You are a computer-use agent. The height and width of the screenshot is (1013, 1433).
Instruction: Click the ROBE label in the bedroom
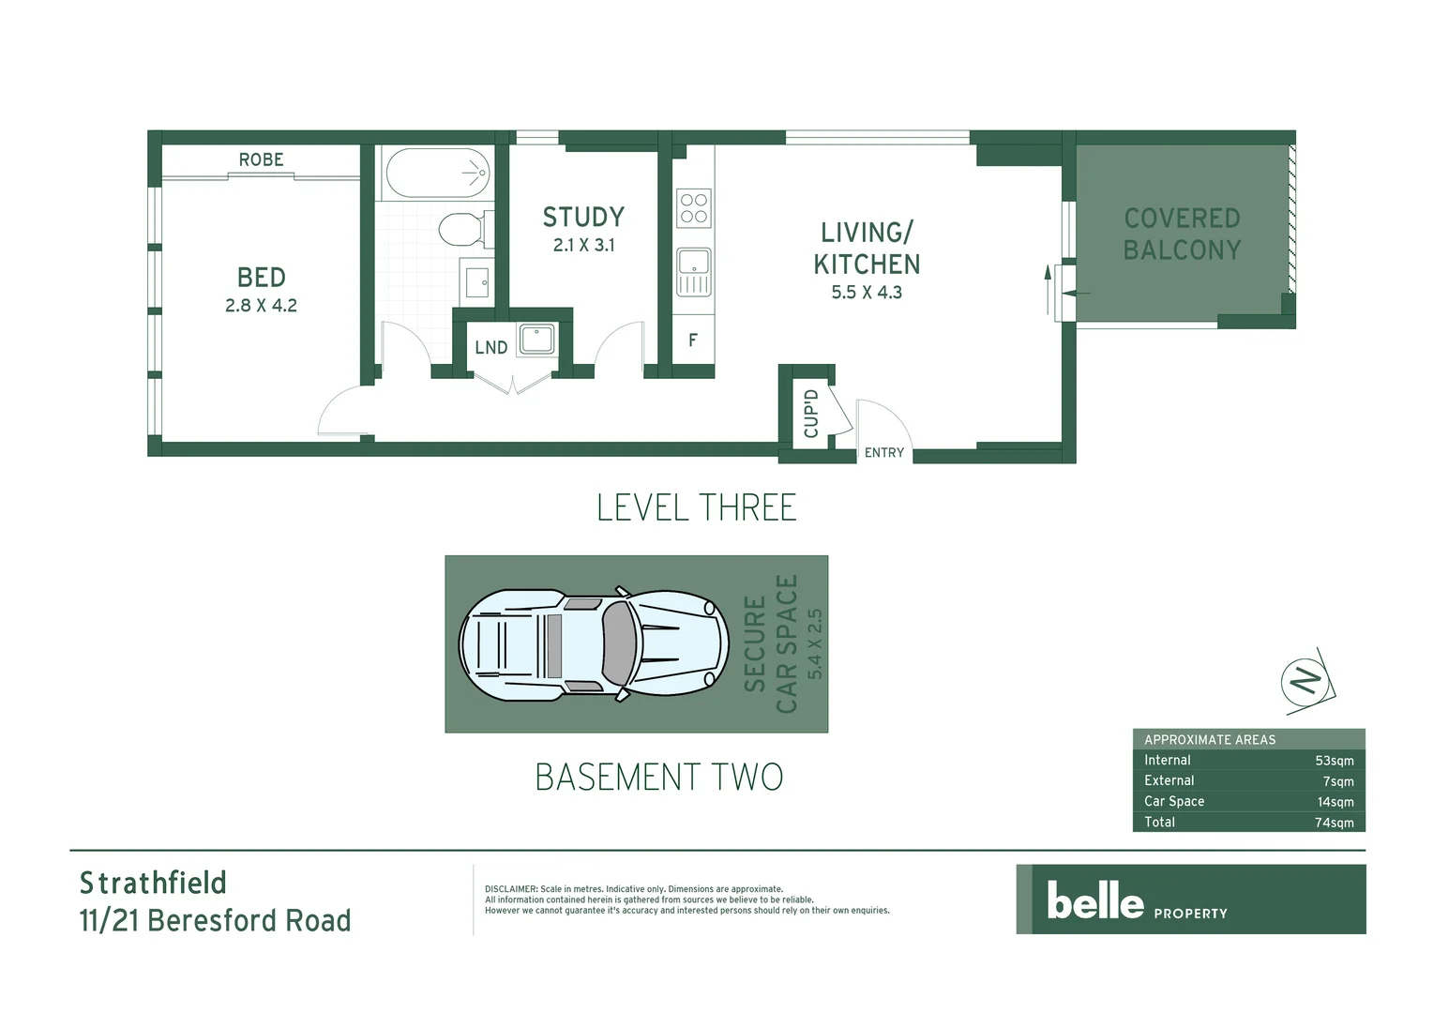point(261,159)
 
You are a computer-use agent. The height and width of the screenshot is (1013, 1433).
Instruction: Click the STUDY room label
point(583,218)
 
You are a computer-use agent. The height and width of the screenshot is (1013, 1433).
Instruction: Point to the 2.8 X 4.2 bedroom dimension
point(261,306)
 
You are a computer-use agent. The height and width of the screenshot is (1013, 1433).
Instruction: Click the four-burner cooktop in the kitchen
point(694,208)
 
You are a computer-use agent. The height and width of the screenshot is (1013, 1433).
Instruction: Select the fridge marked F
point(693,340)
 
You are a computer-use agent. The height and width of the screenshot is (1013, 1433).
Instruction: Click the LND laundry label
point(490,348)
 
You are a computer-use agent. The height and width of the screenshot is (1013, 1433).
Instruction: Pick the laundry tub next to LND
point(537,339)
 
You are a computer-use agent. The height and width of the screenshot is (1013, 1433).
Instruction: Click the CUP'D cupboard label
point(811,414)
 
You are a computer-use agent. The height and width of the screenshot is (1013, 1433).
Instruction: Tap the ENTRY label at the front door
point(883,453)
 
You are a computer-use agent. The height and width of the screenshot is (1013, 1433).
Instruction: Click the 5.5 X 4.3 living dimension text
point(867,293)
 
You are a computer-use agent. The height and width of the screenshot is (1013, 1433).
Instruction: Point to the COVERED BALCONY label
point(1182,234)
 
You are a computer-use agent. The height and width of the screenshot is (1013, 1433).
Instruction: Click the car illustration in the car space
point(593,643)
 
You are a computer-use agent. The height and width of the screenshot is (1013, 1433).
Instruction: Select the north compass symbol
point(1305,679)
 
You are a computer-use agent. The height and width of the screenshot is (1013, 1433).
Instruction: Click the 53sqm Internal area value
point(1334,761)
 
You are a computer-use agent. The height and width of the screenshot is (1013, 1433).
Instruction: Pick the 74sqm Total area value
point(1334,823)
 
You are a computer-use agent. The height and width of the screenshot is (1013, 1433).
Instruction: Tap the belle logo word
point(1094,901)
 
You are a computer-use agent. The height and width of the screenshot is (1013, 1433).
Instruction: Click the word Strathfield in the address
point(153,884)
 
